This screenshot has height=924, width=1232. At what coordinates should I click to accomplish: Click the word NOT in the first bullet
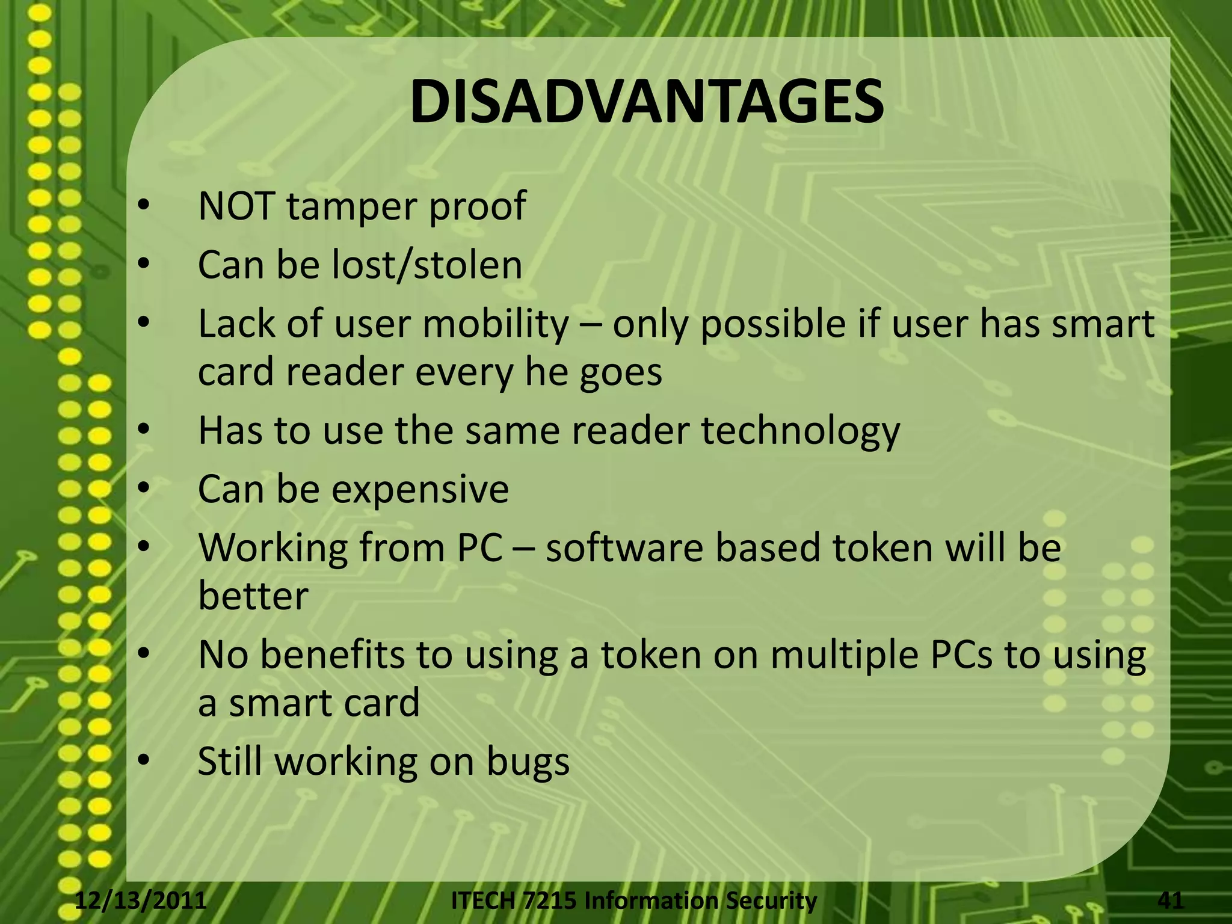237,206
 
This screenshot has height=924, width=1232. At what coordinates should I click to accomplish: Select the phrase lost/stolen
427,265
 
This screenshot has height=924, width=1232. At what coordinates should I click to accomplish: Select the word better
253,596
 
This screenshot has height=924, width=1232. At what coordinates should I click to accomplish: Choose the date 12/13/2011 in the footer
141,901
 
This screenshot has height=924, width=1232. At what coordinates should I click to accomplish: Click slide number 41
1170,901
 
